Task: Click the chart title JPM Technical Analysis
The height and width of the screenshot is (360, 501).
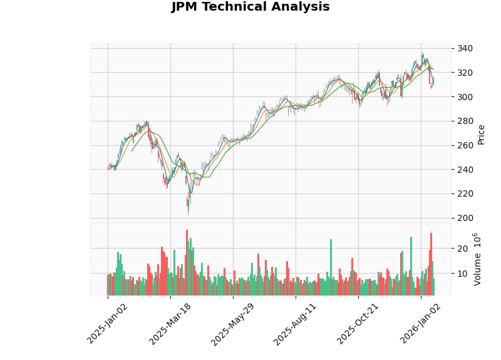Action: coord(250,8)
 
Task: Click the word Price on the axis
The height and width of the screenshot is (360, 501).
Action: coord(481,133)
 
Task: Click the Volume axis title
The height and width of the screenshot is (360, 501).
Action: coord(478,259)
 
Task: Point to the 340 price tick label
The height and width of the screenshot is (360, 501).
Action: coord(465,49)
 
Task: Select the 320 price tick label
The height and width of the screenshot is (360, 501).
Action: coord(465,73)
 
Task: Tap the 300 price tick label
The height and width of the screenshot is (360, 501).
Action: coord(465,97)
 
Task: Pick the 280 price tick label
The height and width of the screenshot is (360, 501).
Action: coord(465,121)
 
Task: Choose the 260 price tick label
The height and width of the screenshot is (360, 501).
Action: coord(465,145)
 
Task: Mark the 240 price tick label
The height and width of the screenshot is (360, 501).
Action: coord(465,170)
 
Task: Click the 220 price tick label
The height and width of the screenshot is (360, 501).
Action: coord(465,193)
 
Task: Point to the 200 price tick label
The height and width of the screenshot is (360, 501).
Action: coord(465,218)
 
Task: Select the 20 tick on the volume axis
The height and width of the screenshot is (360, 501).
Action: coord(462,249)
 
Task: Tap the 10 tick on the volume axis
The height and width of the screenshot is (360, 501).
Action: coord(462,274)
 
